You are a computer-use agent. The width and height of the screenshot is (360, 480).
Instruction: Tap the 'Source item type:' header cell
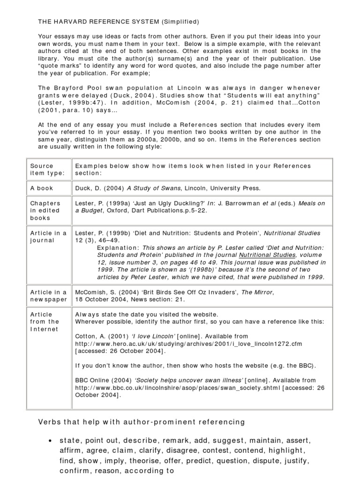tap(42, 169)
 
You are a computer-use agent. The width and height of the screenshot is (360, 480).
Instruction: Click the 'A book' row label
tap(42, 188)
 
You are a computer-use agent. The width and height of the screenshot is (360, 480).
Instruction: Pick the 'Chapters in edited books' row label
tap(45, 210)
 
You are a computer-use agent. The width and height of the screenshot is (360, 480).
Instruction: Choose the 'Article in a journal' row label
tap(49, 237)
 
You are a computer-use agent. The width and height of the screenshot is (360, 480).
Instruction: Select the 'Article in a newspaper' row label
tap(49, 296)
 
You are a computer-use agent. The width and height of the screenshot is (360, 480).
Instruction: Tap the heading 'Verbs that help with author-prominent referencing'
tap(141, 422)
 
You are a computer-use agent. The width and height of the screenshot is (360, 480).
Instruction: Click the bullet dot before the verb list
tap(50, 442)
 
